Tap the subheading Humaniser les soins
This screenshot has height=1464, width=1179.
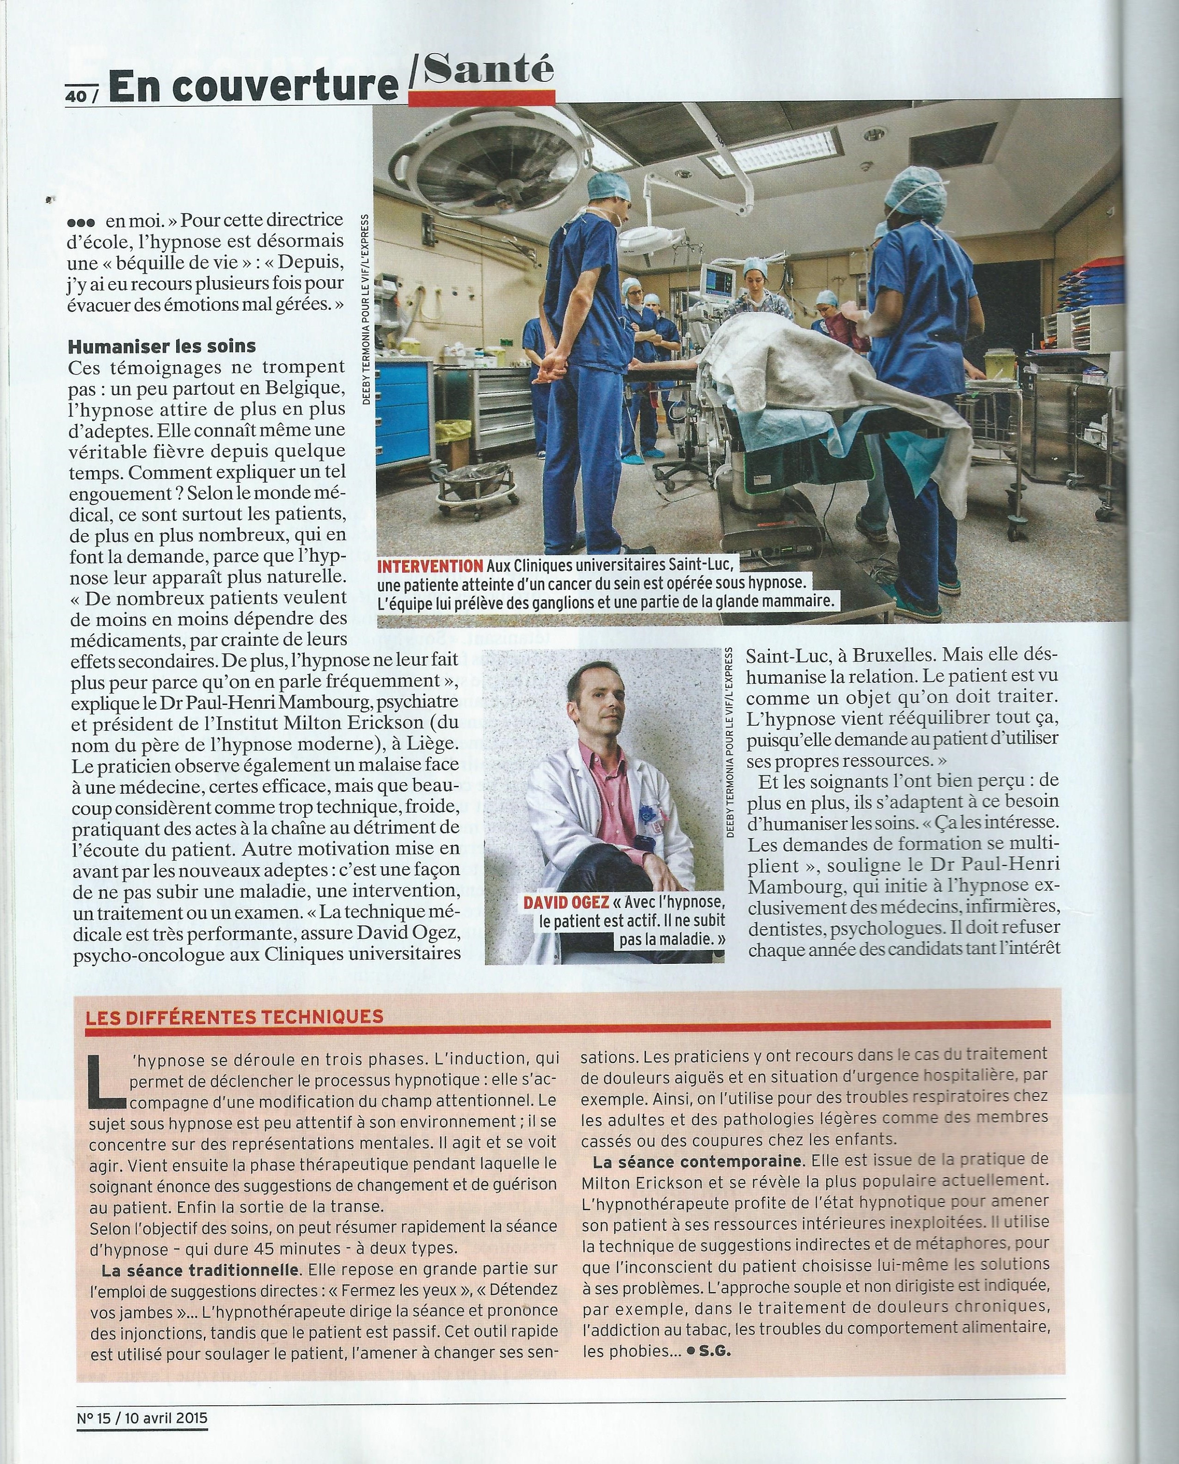pyautogui.click(x=162, y=346)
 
